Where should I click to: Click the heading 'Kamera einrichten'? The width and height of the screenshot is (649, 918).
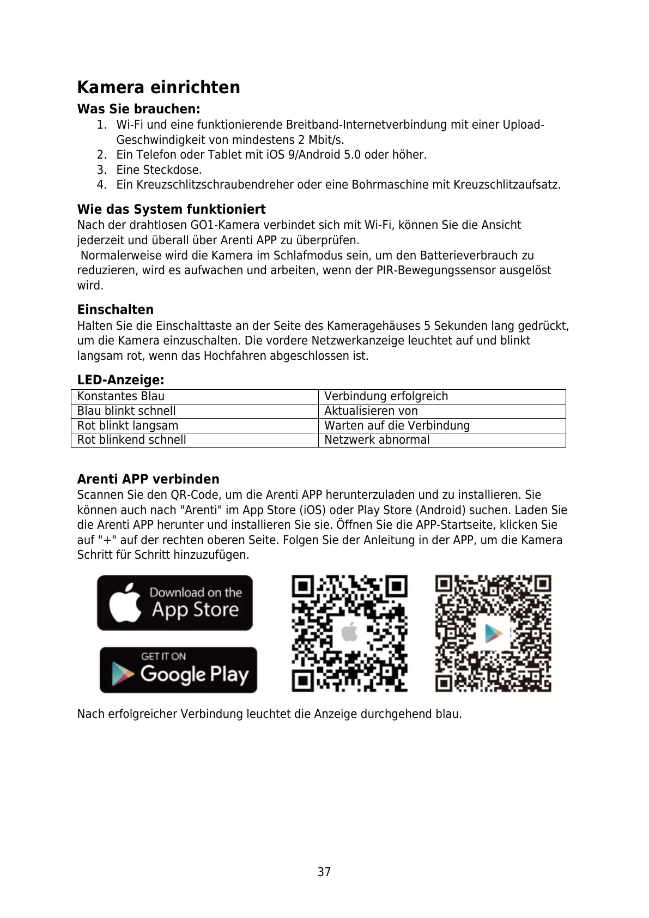coord(159,87)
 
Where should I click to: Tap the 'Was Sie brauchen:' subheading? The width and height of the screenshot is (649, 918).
coord(138,109)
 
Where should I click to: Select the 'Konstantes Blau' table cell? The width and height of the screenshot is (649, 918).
coord(121,396)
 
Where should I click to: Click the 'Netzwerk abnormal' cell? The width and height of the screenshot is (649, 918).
coord(377,440)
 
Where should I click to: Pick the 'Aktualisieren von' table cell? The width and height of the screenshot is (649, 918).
coord(371,411)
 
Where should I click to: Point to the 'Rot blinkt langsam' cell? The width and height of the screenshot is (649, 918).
coord(128,426)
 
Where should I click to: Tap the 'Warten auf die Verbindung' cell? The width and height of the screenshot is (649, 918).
coord(397,426)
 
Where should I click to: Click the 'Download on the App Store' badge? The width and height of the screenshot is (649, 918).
coord(175,603)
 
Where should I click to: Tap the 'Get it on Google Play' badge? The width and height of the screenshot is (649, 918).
coord(178,670)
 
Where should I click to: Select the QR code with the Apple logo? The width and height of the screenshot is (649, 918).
coord(349,633)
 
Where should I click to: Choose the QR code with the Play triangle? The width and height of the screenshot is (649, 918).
coord(493,633)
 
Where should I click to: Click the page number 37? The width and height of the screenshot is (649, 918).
coord(324,872)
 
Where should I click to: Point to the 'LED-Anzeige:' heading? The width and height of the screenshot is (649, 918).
coord(120,380)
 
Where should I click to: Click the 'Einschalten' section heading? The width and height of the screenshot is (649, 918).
coord(116,310)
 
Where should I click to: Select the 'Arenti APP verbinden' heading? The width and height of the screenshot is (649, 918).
coord(148,479)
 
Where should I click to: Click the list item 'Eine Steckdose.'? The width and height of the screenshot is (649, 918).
coord(159,170)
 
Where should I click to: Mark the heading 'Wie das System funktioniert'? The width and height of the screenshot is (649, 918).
coord(171,209)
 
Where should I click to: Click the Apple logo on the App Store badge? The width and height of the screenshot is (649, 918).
coord(125,603)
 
